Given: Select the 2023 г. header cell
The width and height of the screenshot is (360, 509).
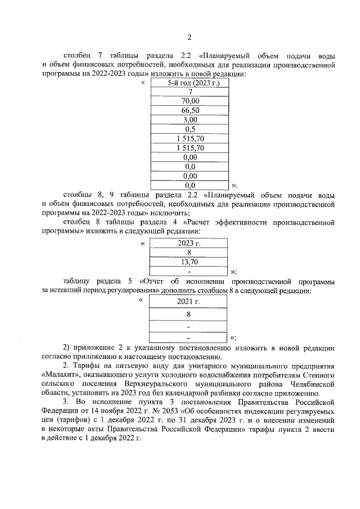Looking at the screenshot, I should tap(189, 244).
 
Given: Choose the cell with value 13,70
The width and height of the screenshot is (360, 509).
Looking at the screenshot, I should tap(189, 262).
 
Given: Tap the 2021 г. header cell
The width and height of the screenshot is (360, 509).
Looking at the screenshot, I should tap(189, 302).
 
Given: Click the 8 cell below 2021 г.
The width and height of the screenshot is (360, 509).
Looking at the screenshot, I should tap(189, 314).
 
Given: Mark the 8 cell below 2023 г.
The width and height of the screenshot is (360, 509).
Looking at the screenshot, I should tap(189, 253).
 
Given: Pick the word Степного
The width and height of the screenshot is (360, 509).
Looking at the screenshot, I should tap(321, 374).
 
